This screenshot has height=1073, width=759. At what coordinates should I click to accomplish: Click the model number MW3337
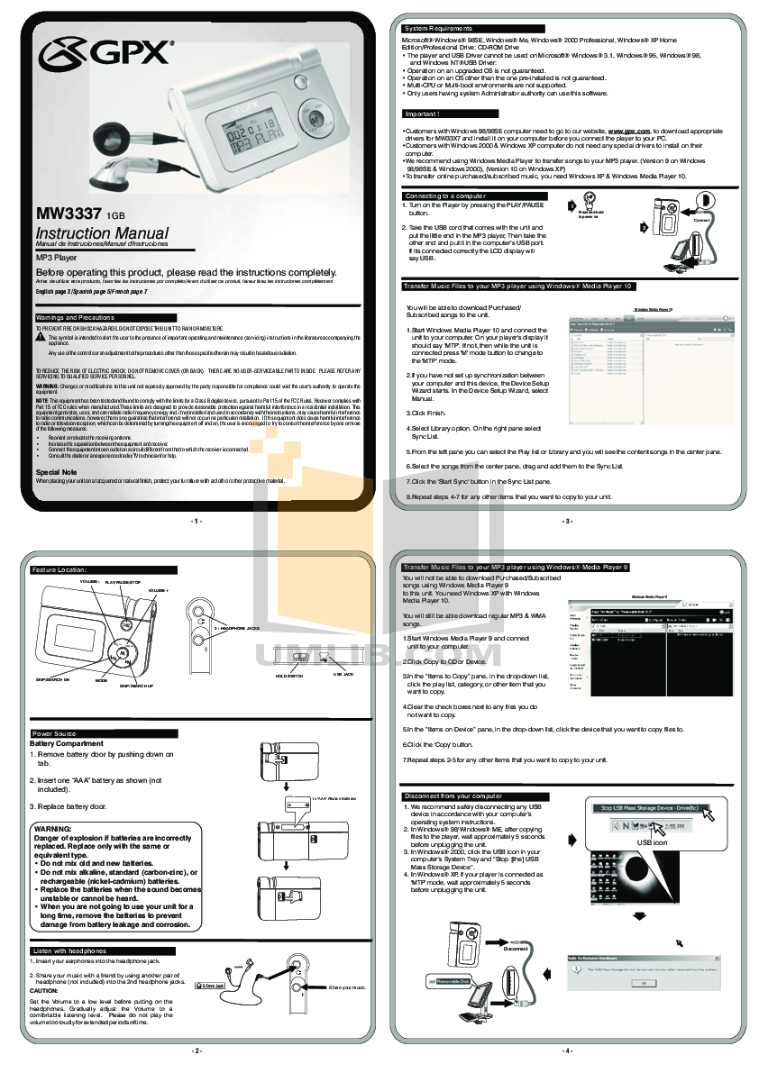coord(69,214)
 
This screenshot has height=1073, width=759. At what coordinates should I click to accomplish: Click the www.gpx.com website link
coord(630,131)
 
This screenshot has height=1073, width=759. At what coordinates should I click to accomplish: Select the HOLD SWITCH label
coord(288,675)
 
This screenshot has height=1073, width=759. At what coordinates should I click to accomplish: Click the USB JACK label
coord(343,673)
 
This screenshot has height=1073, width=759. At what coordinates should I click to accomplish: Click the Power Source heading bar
coord(54,733)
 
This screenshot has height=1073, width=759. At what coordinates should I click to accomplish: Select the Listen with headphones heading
coord(69,950)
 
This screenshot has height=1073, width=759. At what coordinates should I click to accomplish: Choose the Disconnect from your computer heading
coord(453,796)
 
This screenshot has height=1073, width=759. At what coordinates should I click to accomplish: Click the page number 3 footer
coord(567,521)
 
